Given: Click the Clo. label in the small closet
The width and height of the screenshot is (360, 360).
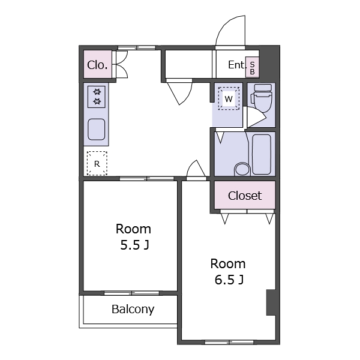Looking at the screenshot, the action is (x=97, y=65).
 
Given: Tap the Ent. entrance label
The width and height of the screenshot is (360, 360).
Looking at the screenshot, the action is (x=237, y=65).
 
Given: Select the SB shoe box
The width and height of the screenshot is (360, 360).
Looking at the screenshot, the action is (x=252, y=67).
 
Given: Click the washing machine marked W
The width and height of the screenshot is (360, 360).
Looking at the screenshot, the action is (x=229, y=99).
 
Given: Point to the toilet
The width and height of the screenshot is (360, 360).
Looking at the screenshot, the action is (x=262, y=98).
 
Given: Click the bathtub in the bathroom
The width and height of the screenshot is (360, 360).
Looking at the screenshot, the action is (x=262, y=154).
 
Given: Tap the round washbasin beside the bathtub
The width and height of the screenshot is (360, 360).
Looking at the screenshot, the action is (x=242, y=169).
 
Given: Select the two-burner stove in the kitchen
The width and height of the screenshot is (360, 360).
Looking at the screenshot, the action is (x=97, y=97).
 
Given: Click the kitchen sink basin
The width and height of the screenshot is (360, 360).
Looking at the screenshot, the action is (x=97, y=129).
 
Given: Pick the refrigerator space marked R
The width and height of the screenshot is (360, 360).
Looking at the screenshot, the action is (x=97, y=163).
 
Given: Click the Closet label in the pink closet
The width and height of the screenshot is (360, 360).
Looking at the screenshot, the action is (x=245, y=196).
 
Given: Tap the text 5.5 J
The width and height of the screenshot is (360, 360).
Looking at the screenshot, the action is (x=135, y=245).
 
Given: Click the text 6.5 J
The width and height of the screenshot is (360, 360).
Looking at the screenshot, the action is (x=229, y=280).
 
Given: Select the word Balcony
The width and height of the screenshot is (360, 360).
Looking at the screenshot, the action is (x=133, y=309).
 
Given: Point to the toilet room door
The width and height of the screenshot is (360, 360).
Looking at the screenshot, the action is (x=256, y=116).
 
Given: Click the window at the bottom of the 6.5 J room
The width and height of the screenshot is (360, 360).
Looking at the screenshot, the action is (x=229, y=342).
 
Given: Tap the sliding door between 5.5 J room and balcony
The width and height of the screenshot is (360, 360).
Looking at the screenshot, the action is (x=131, y=293).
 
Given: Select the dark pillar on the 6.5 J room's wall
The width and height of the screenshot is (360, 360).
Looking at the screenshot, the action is (x=271, y=302).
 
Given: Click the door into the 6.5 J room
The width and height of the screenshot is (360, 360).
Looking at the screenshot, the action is (x=196, y=169).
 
